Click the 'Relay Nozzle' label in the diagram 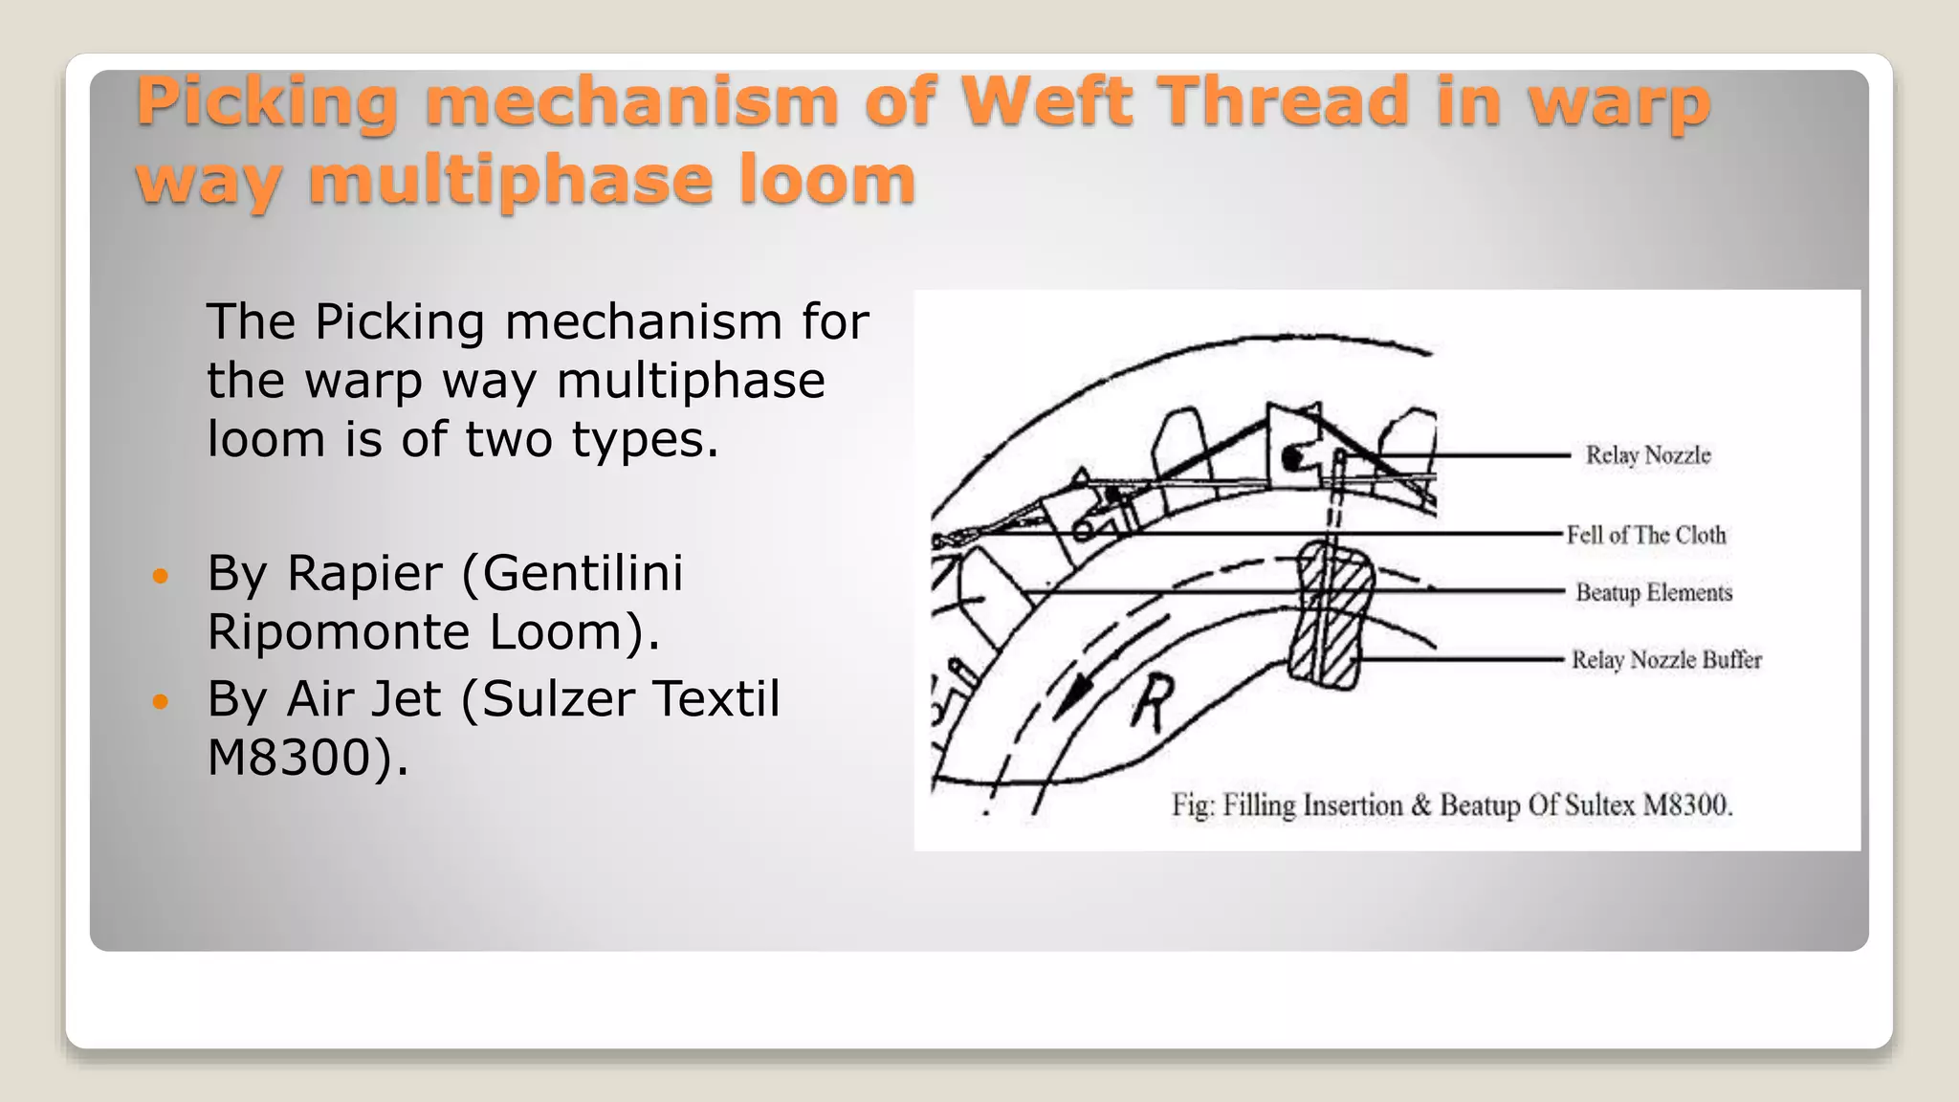(1647, 455)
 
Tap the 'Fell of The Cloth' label (1646, 535)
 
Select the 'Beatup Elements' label (1654, 593)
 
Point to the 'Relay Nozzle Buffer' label (1666, 660)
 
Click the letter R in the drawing (1153, 703)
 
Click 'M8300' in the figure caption (1687, 805)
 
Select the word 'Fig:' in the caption (1193, 805)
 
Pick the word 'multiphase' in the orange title (511, 181)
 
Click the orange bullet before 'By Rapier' (160, 577)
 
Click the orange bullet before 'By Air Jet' (160, 702)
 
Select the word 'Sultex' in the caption (1599, 805)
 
